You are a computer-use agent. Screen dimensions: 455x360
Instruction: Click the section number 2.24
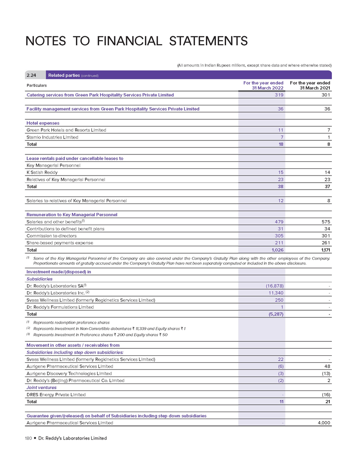[32, 75]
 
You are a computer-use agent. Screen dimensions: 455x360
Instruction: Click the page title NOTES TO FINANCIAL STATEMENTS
[137, 42]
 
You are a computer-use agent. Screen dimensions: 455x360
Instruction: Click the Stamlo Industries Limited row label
[52, 137]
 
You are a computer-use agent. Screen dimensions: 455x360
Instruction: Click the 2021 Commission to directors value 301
[325, 236]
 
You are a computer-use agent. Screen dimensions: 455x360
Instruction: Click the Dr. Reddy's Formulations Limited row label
[60, 307]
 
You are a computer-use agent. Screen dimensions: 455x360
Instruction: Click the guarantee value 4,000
[323, 423]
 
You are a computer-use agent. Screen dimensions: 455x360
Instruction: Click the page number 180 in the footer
[29, 438]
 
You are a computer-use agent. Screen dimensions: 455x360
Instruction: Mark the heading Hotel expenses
[43, 123]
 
